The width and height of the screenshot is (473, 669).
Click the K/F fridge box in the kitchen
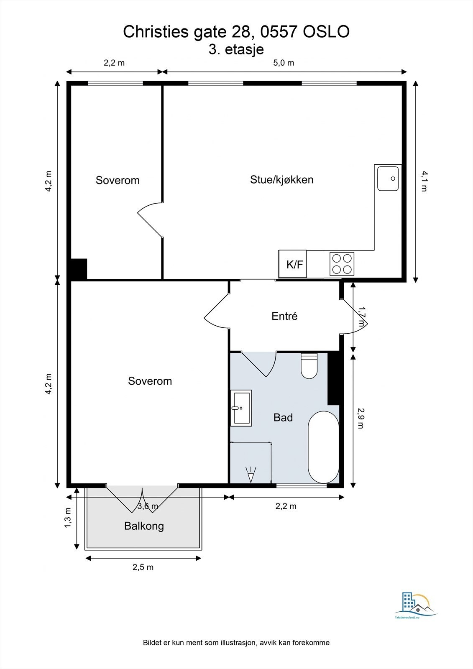click(292, 264)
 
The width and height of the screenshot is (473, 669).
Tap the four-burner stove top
click(342, 264)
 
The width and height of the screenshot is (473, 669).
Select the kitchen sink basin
click(388, 179)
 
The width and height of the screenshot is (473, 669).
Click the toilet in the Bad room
click(309, 366)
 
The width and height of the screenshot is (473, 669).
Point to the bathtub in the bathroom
click(324, 447)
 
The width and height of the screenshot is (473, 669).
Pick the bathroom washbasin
click(240, 408)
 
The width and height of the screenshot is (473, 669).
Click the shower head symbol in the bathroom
click(251, 474)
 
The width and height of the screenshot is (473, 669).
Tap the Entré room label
click(284, 316)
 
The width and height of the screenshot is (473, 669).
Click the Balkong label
click(144, 526)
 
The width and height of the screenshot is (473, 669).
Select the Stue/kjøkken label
click(282, 179)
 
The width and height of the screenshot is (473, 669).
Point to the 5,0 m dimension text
click(284, 63)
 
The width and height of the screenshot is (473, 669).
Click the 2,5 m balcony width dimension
click(143, 567)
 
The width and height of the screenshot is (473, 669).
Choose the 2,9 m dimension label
click(361, 418)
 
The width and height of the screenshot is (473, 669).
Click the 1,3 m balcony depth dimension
click(68, 518)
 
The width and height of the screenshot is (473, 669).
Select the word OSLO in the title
click(326, 32)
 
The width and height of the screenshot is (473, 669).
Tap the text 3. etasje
click(236, 49)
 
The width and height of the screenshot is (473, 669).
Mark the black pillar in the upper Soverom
click(79, 269)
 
